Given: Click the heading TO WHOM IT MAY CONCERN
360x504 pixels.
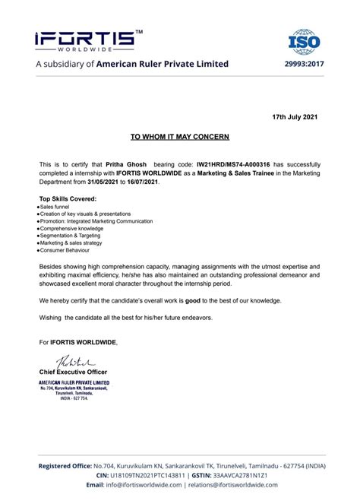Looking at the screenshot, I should [x=179, y=137].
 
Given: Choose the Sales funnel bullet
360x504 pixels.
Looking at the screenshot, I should [x=57, y=207].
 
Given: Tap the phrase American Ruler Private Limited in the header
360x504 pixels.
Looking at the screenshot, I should [x=162, y=64].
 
